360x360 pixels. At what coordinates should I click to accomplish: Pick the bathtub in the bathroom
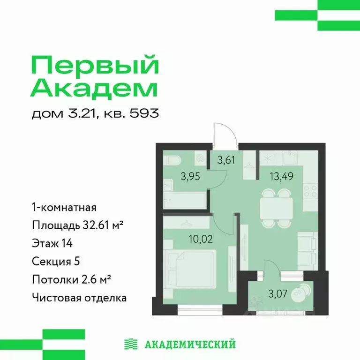pos(185,199)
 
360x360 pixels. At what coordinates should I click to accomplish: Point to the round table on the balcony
pos(299,295)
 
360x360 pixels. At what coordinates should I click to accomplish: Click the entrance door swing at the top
pos(222,134)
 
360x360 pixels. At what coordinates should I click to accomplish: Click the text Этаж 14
pos(52,243)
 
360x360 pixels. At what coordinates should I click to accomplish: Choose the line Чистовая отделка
pos(79,297)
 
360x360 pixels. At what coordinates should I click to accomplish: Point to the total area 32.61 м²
pos(98,225)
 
